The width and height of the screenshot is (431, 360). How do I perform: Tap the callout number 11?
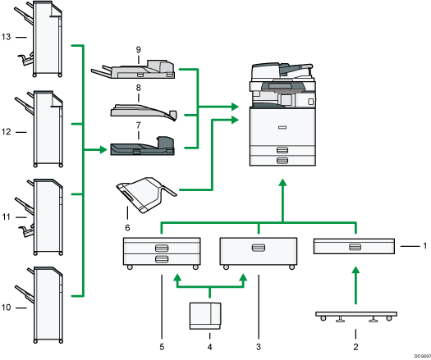click(7, 217)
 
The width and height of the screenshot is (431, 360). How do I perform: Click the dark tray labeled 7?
click(141, 148)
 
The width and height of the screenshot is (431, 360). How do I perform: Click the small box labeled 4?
click(206, 313)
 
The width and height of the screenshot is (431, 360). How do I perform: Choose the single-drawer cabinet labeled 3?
click(258, 250)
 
